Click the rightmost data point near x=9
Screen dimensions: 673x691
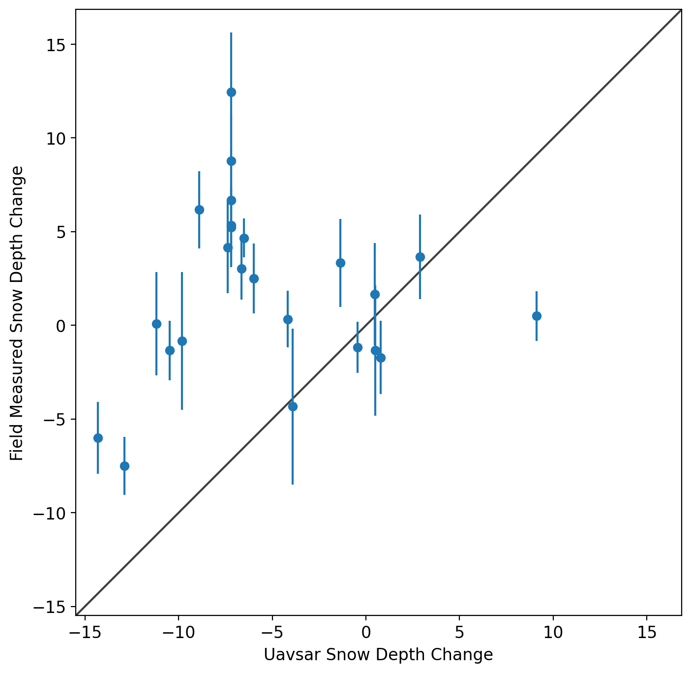pos(537,316)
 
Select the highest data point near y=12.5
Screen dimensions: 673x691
pos(231,92)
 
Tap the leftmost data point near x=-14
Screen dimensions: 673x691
pos(98,438)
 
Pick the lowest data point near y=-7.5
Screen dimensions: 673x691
pos(124,466)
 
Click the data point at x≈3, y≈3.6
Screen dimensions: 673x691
pos(420,257)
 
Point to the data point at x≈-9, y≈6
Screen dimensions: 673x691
pos(199,210)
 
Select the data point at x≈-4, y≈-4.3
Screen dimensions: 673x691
pos(293,406)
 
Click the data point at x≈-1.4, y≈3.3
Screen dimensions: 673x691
pos(340,263)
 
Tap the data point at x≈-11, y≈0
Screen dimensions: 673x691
pos(156,324)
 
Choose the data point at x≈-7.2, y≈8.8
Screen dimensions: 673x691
pos(231,161)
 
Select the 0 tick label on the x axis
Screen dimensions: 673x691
pos(366,632)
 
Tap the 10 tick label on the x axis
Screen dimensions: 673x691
pos(553,632)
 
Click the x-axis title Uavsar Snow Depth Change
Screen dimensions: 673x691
pos(378,655)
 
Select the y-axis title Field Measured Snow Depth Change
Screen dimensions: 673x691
pos(17,313)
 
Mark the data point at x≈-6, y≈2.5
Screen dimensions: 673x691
pos(254,278)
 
